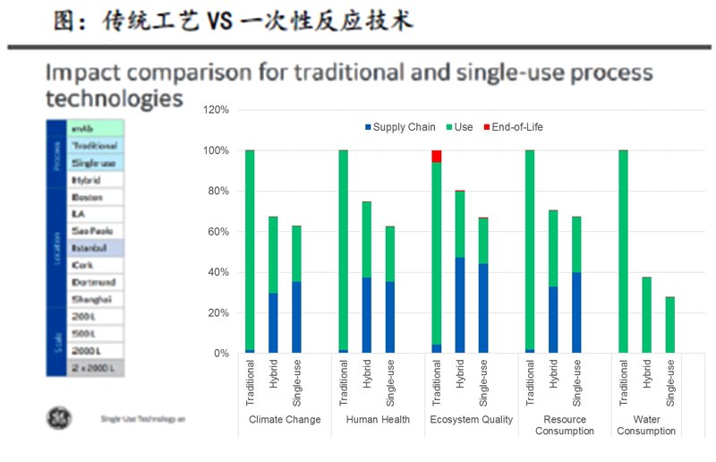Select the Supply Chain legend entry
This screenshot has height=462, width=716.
(399, 127)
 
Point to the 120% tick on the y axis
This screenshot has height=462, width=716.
(217, 110)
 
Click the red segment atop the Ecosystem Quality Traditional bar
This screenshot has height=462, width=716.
(436, 157)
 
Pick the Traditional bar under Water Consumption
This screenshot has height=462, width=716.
(623, 252)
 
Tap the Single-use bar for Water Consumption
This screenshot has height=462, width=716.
(669, 325)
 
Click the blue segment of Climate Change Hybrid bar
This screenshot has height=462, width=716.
(273, 323)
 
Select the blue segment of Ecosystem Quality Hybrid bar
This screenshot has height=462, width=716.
(459, 305)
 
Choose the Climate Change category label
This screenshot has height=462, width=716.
(285, 419)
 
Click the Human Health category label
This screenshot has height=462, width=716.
(378, 419)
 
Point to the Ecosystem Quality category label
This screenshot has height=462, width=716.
(472, 419)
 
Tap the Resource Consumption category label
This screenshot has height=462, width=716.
(565, 424)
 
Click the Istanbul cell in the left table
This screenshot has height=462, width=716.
(88, 248)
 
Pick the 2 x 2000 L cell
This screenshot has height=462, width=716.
(92, 367)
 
